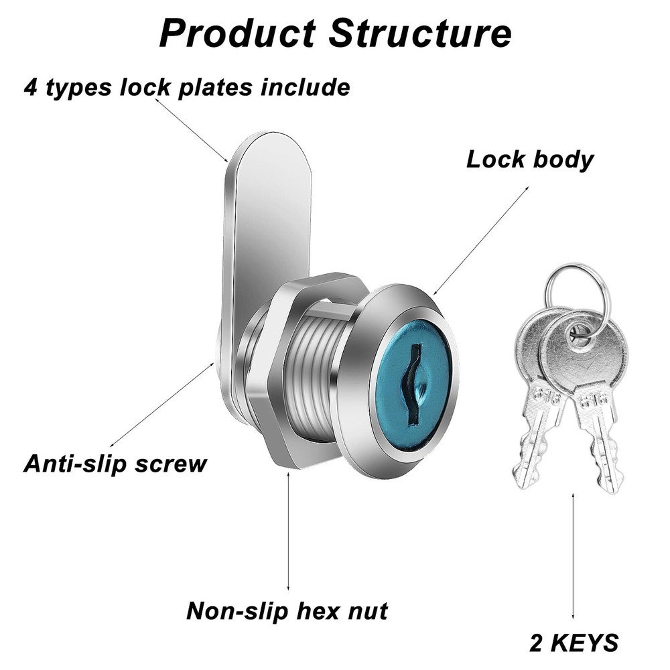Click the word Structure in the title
[x=420, y=33]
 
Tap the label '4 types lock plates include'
[x=187, y=88]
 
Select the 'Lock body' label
[x=530, y=160]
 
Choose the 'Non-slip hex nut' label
[x=287, y=610]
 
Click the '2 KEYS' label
[x=574, y=643]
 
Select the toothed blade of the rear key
[x=533, y=442]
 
